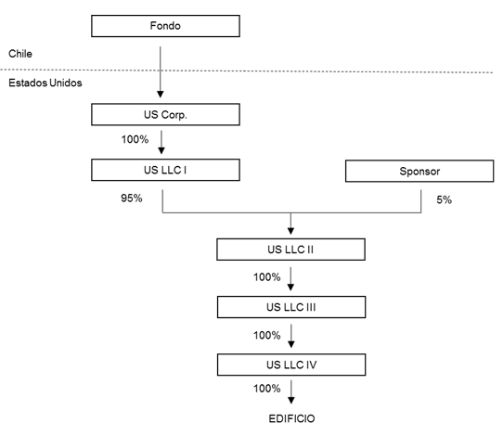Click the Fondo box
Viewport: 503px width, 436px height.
(x=165, y=26)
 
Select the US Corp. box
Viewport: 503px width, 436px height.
(x=165, y=114)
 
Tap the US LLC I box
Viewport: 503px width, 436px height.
(x=165, y=170)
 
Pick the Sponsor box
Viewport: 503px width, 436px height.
(x=419, y=171)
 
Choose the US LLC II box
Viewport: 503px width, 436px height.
(x=291, y=250)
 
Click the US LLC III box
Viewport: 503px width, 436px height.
(x=291, y=307)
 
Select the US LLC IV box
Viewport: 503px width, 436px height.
(x=291, y=365)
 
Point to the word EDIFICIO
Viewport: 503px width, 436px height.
(x=292, y=418)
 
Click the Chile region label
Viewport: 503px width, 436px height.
(x=20, y=54)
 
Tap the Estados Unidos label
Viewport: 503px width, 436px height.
(x=45, y=83)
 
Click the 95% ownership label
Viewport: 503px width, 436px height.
(x=132, y=199)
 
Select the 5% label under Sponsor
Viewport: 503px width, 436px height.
(x=444, y=199)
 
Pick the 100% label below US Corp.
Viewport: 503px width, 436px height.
(x=135, y=139)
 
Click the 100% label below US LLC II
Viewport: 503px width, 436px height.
(x=267, y=277)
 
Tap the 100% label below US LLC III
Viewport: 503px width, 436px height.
(x=267, y=335)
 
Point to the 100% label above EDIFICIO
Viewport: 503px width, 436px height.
(x=267, y=389)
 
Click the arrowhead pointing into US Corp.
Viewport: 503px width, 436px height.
(x=161, y=95)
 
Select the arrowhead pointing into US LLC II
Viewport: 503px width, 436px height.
(x=291, y=231)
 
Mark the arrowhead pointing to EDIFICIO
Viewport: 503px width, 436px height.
(x=291, y=400)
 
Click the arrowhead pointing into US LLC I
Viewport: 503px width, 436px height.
(x=161, y=150)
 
